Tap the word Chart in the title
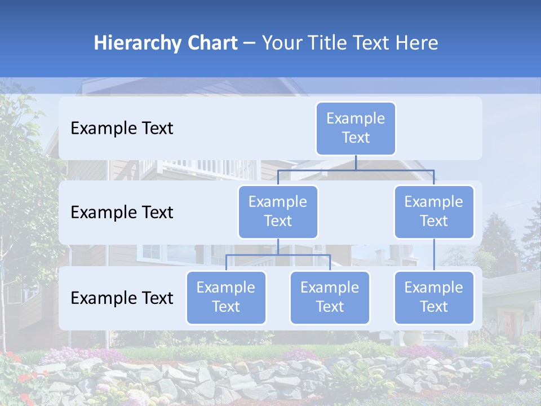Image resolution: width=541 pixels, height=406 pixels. coord(210,43)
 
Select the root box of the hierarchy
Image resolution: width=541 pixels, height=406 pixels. coord(356,128)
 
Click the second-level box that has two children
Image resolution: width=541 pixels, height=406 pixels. coord(278,211)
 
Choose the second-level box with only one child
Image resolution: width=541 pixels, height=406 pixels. coord(434,211)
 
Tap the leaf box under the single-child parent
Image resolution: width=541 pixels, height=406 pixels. coord(434,297)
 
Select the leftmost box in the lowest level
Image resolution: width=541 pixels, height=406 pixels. coord(226,297)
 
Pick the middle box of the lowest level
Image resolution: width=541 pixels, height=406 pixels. coord(330,297)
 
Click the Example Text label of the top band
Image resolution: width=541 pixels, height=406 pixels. coord(122,128)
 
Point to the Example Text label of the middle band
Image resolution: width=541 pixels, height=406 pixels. coord(122,212)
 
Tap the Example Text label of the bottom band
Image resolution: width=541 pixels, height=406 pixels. coord(122,298)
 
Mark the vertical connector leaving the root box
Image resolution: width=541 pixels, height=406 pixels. coord(356,162)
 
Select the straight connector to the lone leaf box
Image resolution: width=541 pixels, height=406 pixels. coord(434,255)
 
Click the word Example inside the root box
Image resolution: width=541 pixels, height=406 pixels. coord(356,118)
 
